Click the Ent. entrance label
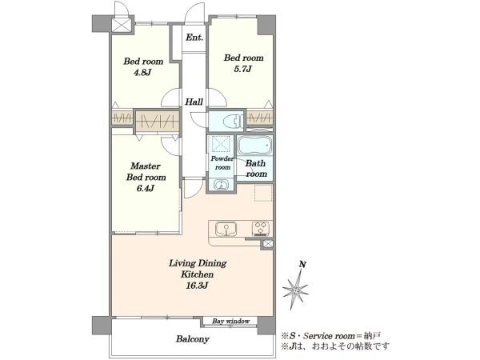point(194,38)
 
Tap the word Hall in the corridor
point(194,102)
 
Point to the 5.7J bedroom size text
point(242,69)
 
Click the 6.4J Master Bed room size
point(145,188)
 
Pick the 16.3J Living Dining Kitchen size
point(198,286)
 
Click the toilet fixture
point(232,121)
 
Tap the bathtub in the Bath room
point(254,146)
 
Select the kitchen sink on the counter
point(226,230)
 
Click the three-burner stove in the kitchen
point(261,229)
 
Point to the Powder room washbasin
point(219,185)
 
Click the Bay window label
point(231,322)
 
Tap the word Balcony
point(193,339)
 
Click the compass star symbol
point(295,290)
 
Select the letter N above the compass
point(302,264)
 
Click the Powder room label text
point(222,163)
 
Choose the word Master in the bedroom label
point(146,166)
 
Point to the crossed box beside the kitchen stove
point(268,244)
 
